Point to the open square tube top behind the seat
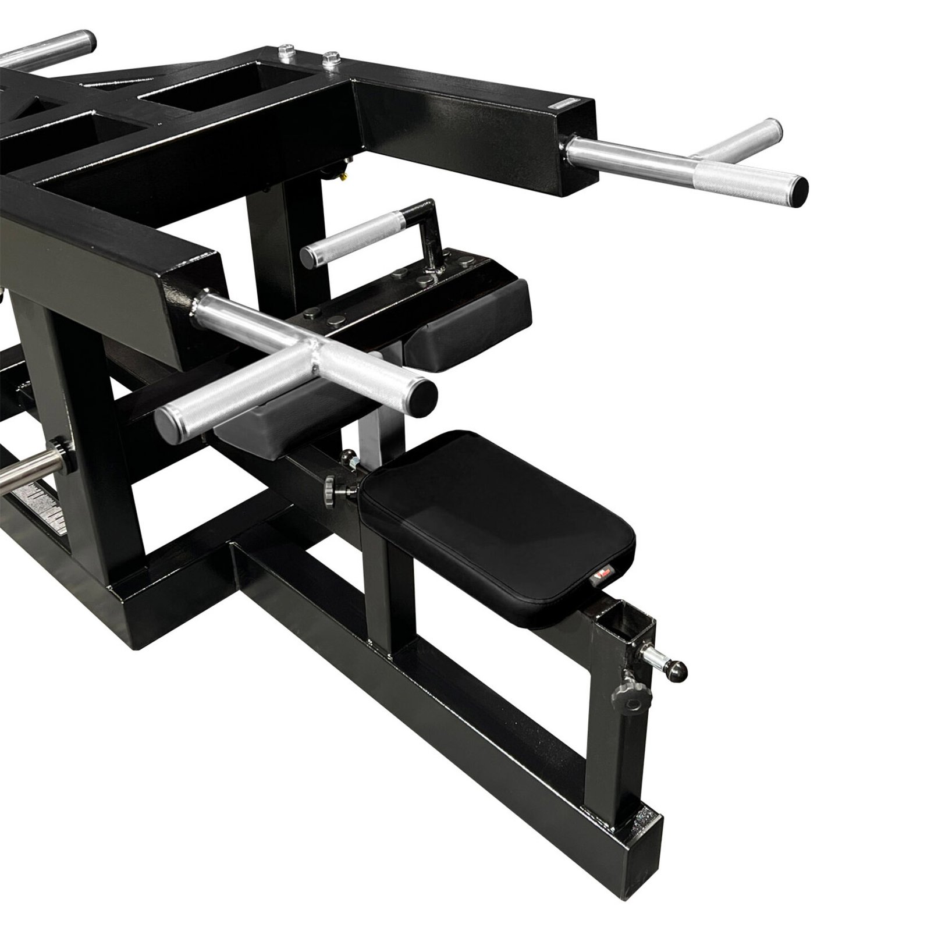coord(624,619)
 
